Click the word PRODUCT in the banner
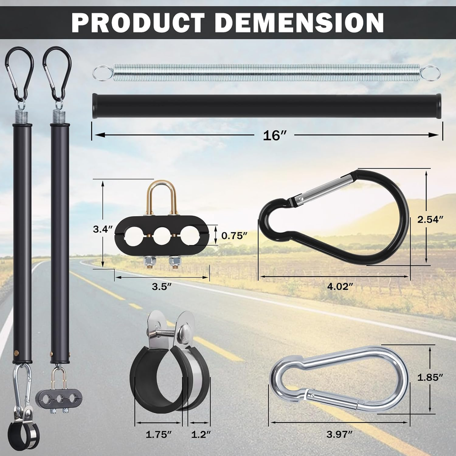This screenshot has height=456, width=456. click(138, 22)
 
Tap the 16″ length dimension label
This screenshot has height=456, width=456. click(275, 135)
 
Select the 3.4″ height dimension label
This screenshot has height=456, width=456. click(103, 229)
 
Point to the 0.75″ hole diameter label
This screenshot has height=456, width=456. click(234, 236)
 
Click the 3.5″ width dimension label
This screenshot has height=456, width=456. click(161, 286)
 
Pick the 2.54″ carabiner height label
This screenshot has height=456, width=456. click(430, 219)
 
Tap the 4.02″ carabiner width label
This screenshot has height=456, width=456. click(340, 286)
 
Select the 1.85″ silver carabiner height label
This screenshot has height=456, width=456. click(430, 378)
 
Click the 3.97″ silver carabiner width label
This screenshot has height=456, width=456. click(339, 435)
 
